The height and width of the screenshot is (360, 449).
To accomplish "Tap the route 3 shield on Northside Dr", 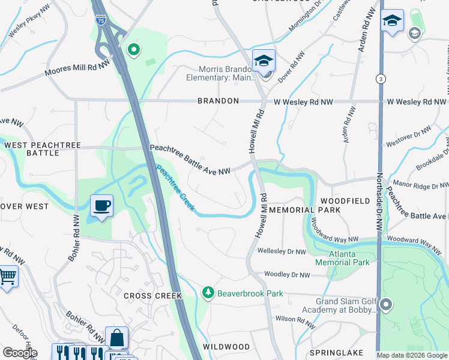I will (380, 78).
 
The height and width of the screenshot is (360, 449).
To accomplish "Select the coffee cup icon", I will (101, 206).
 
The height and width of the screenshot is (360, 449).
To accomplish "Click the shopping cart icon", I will (7, 277).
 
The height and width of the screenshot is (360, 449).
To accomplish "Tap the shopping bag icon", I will (116, 337).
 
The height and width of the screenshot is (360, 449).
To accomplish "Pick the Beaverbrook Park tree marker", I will (208, 292).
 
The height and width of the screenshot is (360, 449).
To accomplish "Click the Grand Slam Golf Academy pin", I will (385, 305).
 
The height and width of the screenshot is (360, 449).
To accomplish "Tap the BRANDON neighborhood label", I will (218, 101).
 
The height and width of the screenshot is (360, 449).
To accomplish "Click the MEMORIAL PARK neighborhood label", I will (305, 210).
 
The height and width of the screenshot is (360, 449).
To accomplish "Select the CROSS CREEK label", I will (148, 296).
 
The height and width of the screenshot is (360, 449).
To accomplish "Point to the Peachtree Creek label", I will (175, 187).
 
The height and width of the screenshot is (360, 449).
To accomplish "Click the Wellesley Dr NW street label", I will (282, 251).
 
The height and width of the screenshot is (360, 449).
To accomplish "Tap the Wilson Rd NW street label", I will (295, 322).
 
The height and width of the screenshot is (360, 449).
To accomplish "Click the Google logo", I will (20, 353).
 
